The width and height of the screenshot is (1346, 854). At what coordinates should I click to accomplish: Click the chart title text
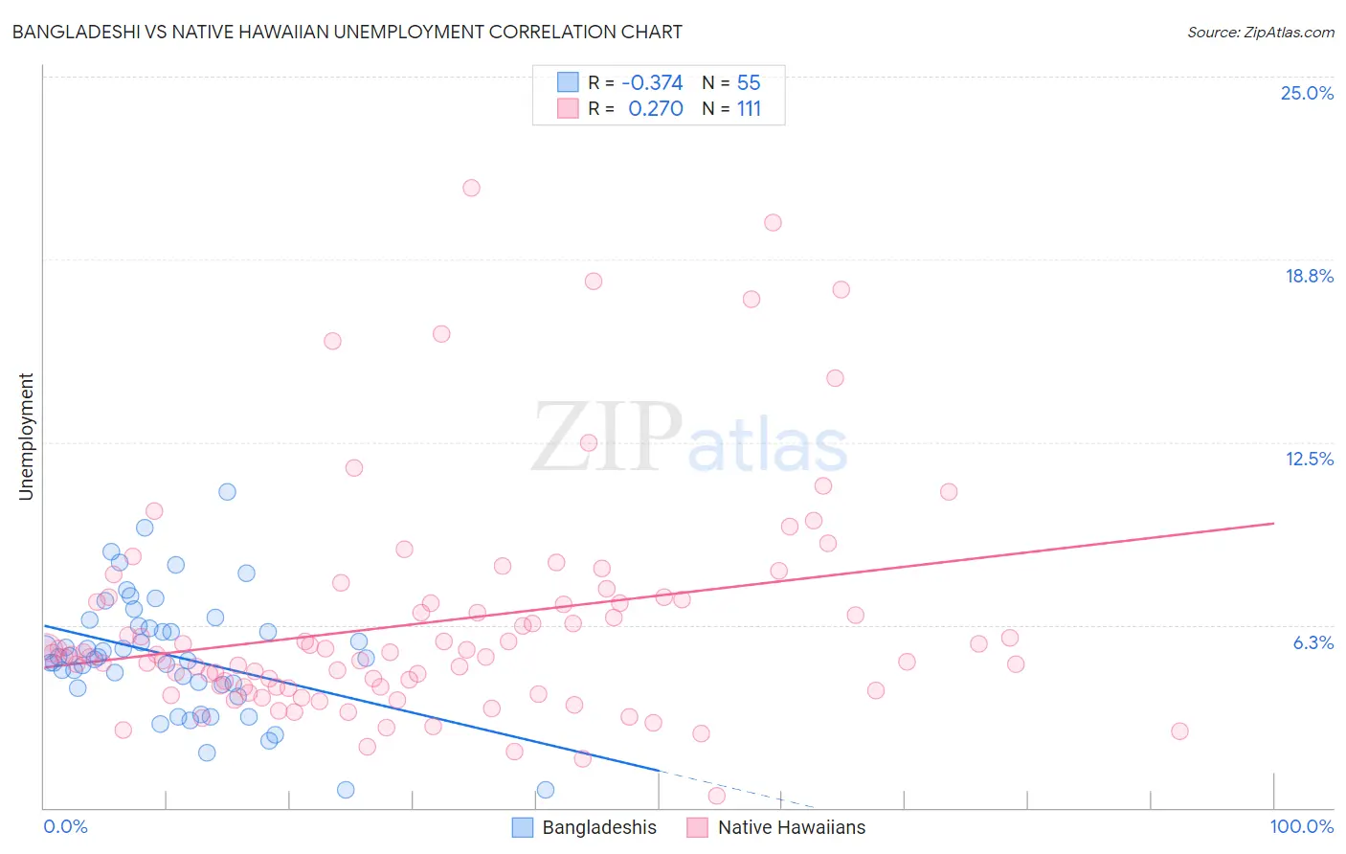(347, 32)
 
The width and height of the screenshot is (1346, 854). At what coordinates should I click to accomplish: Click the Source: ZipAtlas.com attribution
(1260, 32)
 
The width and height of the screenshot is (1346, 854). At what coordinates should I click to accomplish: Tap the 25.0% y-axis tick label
(1307, 93)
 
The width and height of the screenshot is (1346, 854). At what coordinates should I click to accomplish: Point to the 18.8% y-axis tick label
(1309, 276)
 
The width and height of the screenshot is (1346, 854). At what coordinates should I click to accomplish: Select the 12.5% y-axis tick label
(1309, 459)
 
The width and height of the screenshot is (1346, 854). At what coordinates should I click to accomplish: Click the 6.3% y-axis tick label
(1312, 642)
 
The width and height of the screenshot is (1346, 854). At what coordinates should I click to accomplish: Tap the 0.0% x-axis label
(65, 826)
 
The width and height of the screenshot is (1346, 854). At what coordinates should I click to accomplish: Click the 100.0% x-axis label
(1301, 826)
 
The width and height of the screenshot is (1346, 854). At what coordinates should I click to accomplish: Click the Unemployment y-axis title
(26, 437)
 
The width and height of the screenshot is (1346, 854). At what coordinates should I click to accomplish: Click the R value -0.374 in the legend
(652, 82)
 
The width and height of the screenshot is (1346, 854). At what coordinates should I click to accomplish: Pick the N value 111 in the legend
(749, 109)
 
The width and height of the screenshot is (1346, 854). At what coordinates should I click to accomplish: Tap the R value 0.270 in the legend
(655, 109)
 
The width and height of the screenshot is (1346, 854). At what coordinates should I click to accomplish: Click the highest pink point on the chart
(471, 188)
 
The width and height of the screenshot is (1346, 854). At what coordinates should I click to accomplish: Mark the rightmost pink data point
(1179, 731)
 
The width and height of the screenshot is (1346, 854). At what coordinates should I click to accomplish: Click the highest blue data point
(227, 492)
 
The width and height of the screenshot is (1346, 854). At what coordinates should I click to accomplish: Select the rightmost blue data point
(546, 790)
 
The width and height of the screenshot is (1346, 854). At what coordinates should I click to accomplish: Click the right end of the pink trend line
(1274, 524)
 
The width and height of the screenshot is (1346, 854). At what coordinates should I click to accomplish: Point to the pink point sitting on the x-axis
(716, 796)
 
